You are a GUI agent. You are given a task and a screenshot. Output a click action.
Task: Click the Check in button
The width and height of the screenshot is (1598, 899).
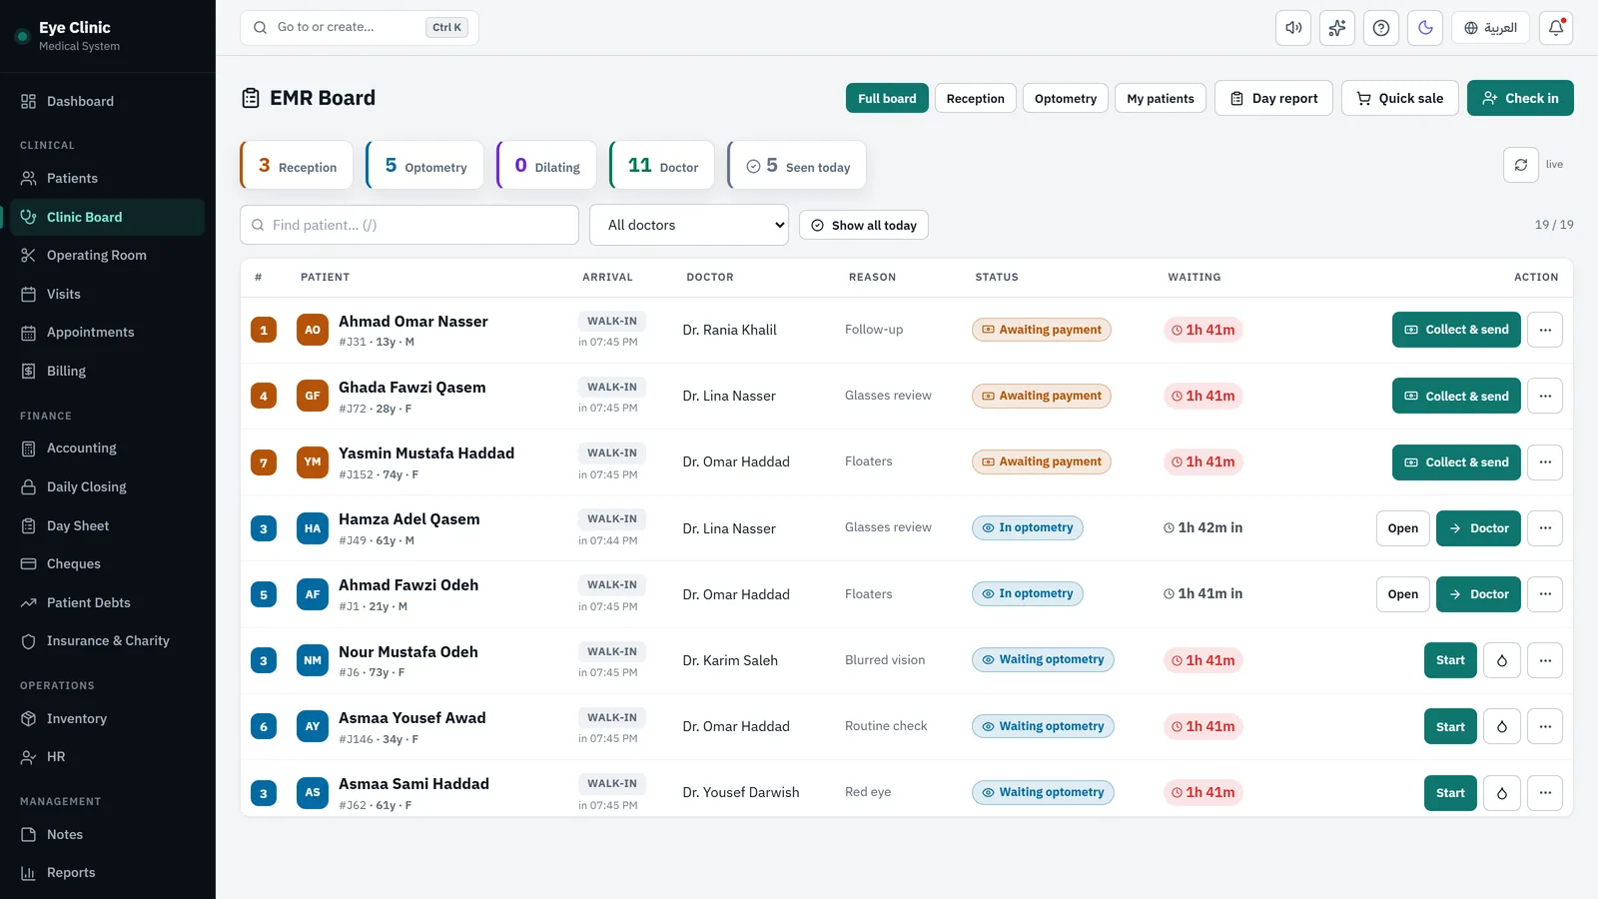[x=1519, y=98]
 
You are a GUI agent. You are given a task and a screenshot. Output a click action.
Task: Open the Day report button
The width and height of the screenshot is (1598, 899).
[x=1273, y=98]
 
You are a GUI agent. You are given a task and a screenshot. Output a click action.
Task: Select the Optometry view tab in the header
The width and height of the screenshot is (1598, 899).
[x=1065, y=98]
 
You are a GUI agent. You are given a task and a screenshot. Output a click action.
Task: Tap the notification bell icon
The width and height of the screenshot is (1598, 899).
[x=1556, y=28]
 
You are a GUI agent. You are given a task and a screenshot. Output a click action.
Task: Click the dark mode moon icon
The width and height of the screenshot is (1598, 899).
[x=1424, y=28]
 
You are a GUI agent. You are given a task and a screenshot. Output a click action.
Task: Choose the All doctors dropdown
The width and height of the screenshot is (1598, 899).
[x=688, y=225]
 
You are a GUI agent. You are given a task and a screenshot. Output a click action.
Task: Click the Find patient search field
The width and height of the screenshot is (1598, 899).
[x=408, y=225]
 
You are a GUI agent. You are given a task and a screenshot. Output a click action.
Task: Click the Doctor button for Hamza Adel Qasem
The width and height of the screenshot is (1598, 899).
[x=1478, y=528]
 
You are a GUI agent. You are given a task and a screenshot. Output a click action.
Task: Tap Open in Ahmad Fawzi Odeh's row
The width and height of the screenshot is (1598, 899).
[x=1402, y=593]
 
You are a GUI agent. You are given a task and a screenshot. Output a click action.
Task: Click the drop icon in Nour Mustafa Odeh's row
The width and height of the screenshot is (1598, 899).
[x=1502, y=660]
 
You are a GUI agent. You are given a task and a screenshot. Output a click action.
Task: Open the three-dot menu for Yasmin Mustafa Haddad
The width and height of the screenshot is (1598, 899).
[x=1545, y=461]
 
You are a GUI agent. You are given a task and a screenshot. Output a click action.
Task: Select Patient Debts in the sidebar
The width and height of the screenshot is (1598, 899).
[x=89, y=602]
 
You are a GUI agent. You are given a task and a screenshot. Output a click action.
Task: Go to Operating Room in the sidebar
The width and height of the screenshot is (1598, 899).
[x=96, y=255]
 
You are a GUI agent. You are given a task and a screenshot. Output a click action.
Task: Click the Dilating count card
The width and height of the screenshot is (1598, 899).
[x=546, y=166]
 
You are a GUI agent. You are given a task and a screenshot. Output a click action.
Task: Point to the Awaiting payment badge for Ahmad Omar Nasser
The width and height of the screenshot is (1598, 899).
[x=1042, y=330]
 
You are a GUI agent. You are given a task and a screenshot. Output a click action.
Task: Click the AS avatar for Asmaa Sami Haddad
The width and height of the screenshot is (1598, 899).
[x=313, y=792]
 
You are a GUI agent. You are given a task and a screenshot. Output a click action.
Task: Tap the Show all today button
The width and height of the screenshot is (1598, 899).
[x=863, y=225]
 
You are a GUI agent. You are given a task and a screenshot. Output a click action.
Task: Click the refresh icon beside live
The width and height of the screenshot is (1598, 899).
[x=1521, y=165]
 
